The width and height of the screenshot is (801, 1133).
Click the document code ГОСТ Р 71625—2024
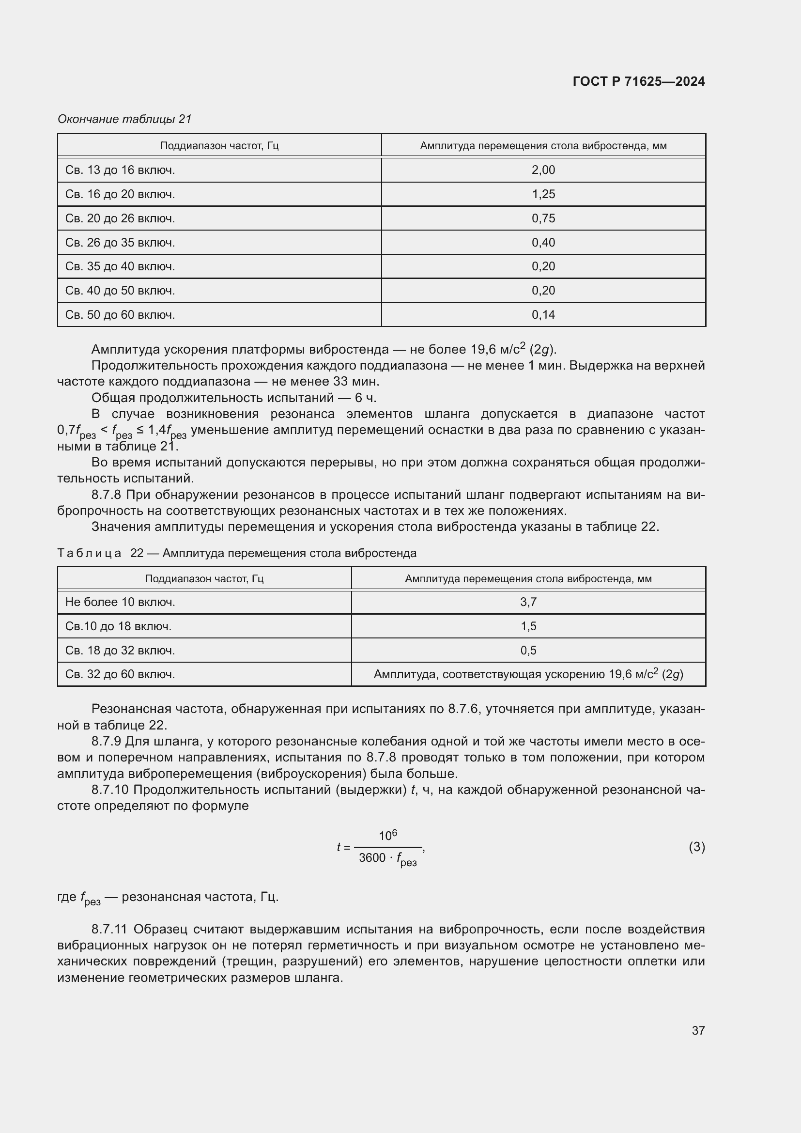(x=639, y=82)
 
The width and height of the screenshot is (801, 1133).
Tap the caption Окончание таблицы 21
(x=124, y=119)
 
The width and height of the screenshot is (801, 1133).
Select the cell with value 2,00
(x=543, y=170)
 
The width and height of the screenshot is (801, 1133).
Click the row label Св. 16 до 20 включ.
(x=120, y=194)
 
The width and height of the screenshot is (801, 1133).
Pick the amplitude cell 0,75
(x=543, y=218)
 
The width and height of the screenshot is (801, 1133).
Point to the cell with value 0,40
(x=543, y=243)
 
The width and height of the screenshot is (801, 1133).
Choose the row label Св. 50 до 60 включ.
(x=120, y=315)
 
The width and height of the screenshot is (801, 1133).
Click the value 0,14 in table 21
(x=543, y=315)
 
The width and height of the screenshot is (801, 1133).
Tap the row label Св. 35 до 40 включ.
(x=120, y=266)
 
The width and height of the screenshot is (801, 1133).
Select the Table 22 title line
(x=237, y=553)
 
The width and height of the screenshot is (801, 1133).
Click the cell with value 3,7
(x=528, y=602)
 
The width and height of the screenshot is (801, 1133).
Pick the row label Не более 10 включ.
(x=120, y=602)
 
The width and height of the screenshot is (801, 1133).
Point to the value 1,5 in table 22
(x=528, y=626)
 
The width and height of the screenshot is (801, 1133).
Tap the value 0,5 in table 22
(x=528, y=651)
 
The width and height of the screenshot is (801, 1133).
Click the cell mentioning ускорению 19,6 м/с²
(x=528, y=674)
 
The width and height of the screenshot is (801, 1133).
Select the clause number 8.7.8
(x=107, y=495)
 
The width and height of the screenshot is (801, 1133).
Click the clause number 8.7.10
(x=110, y=790)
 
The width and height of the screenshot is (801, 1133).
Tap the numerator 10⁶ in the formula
(x=388, y=836)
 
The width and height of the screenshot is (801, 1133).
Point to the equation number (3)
(x=696, y=847)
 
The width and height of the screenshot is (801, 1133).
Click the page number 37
(x=698, y=1030)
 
